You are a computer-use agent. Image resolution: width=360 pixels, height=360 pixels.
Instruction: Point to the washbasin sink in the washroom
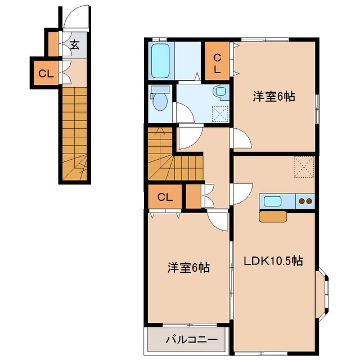coord(219,92)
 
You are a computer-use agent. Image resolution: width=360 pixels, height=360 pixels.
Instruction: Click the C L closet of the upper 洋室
coord(217,62)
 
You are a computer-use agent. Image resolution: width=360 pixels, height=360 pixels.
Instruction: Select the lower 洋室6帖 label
coord(188,268)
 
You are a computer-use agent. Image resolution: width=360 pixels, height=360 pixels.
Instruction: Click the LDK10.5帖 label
coord(273,261)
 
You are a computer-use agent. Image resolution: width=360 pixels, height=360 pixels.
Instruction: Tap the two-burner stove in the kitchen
coord(305,201)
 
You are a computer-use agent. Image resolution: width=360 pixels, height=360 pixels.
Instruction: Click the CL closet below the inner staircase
coord(164,197)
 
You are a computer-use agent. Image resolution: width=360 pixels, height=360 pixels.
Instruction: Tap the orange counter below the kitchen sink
coord(273,216)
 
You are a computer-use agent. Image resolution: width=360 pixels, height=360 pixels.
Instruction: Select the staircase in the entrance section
coord(75,135)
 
